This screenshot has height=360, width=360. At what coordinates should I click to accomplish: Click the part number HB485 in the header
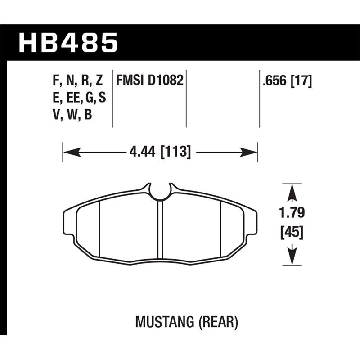tap(68, 43)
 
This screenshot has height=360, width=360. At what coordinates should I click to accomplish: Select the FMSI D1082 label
tap(150, 81)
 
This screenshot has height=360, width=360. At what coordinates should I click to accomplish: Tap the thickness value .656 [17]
tap(286, 81)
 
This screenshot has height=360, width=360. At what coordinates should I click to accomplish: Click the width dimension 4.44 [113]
tap(160, 153)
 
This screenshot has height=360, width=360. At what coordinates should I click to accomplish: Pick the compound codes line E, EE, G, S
tap(79, 99)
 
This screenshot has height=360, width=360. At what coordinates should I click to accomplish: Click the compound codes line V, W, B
tap(72, 116)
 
